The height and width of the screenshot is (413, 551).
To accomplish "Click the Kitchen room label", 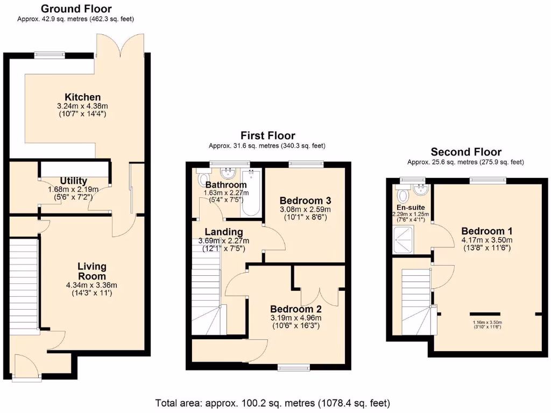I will (x=83, y=97).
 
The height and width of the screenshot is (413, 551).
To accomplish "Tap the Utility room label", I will (x=74, y=181).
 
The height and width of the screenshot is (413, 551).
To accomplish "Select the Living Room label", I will (x=92, y=271).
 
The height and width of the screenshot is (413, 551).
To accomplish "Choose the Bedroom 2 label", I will (x=296, y=309).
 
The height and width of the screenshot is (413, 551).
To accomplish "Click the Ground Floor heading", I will (x=76, y=9).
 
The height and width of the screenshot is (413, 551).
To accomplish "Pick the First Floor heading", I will (x=267, y=136).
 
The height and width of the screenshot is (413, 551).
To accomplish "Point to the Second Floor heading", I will (x=466, y=152).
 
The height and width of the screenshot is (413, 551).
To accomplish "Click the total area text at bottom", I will (x=272, y=403).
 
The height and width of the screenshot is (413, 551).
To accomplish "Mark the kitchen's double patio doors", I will (x=121, y=46).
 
